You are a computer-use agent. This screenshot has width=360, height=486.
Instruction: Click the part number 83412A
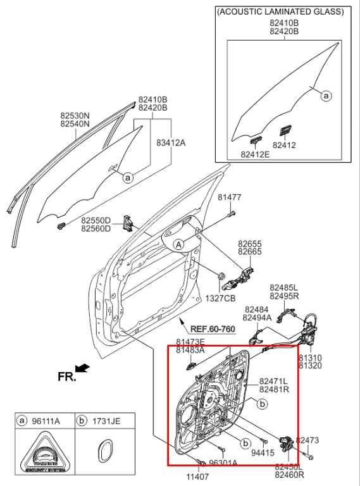(x=171, y=143)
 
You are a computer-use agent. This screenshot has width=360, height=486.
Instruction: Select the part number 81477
(x=229, y=197)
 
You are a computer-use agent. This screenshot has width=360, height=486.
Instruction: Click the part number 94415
(x=263, y=452)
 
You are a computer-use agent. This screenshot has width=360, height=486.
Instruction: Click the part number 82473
(x=307, y=440)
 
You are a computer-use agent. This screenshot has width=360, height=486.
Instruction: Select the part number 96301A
(x=223, y=463)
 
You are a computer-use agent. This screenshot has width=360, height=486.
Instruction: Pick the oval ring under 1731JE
(x=102, y=454)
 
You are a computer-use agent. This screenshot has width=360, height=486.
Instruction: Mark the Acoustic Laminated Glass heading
(x=280, y=11)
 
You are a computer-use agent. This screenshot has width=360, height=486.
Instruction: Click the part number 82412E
(x=254, y=154)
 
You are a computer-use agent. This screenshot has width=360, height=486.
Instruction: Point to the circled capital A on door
(x=179, y=244)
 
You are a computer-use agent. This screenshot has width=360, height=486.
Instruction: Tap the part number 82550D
(x=96, y=220)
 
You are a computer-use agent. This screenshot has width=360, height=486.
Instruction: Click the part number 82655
(x=249, y=243)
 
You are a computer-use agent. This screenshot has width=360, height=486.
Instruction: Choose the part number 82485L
(x=284, y=287)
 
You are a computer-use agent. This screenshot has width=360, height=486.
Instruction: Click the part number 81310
(x=310, y=357)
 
